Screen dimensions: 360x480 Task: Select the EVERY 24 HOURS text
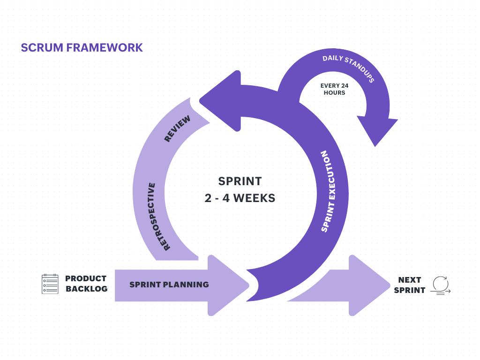(x=334, y=89)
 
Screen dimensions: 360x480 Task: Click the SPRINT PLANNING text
(x=169, y=285)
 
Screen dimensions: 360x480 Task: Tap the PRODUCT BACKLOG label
(x=86, y=284)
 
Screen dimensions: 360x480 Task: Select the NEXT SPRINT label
(x=409, y=285)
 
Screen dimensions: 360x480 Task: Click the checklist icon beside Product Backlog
(x=50, y=284)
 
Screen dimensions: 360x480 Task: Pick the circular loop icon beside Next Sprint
(x=440, y=285)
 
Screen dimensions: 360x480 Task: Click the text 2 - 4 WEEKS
(x=240, y=198)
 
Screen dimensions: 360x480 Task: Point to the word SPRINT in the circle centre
(x=240, y=181)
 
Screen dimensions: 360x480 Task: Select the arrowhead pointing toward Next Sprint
(x=368, y=285)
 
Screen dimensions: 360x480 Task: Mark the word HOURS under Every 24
(x=334, y=93)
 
